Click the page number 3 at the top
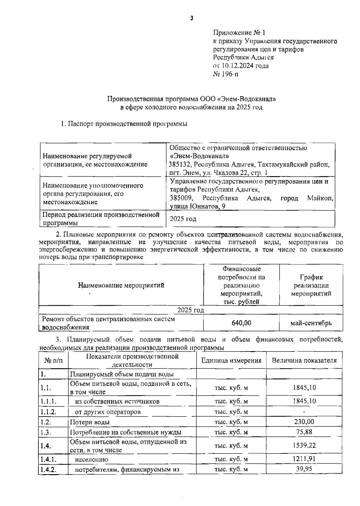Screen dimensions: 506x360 pos(192,18)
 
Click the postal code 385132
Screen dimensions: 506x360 pos(179,164)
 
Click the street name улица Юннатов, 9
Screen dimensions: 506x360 pos(198,206)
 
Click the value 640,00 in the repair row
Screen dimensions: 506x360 pos(241,323)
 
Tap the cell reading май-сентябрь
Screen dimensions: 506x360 pos(311,323)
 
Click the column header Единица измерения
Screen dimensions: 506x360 pos(231,360)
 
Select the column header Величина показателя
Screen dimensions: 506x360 pos(304,360)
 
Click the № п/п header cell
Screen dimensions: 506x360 pos(54,360)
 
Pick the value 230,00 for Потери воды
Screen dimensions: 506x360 pos(304,422)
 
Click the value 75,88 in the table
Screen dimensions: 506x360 pos(304,432)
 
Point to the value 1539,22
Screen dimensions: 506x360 pos(304,445)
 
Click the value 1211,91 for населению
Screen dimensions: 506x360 pos(304,459)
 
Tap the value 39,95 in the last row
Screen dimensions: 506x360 pos(304,469)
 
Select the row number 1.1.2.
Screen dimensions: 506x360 pos(49,412)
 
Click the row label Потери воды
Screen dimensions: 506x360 pos(90,422)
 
